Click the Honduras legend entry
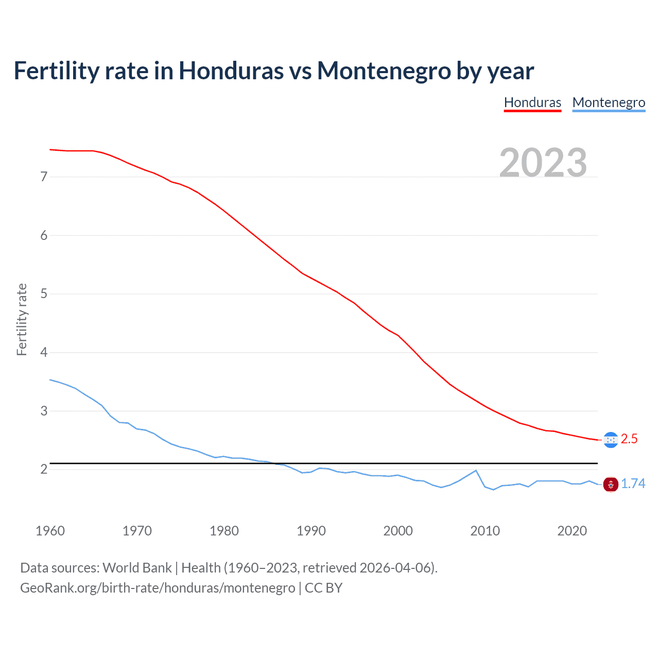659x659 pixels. coord(532,102)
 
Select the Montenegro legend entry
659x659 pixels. coord(609,102)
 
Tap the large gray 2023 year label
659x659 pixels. coord(543,163)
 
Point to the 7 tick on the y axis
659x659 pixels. coord(44,177)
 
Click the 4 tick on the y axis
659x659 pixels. coord(44,353)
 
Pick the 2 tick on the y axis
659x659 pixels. coord(44,470)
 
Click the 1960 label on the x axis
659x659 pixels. coord(50,531)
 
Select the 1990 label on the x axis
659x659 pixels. coord(311,531)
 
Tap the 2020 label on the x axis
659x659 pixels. coord(572,531)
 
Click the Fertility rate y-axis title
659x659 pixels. coord(22,319)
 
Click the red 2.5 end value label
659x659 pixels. coord(629,439)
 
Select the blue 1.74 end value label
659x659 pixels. coord(633,484)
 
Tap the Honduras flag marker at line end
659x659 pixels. coord(611,440)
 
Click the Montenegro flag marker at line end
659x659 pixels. coord(611,484)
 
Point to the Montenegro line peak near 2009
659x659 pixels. coord(476,471)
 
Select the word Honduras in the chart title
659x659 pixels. coord(231,71)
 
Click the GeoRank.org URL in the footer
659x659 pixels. coord(158,588)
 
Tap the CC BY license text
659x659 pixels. coord(323,588)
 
